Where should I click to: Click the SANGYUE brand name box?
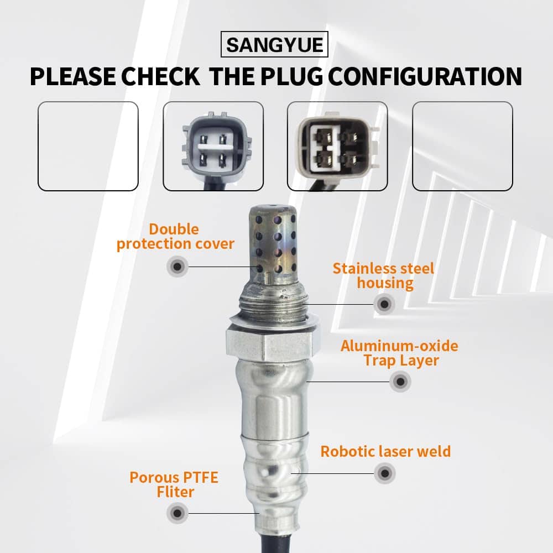[274, 44]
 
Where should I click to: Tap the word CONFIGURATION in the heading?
[425, 76]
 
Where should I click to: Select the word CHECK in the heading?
[160, 76]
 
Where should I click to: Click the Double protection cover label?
[175, 237]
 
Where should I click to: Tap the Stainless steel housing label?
[384, 276]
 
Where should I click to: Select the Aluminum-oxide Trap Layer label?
[400, 353]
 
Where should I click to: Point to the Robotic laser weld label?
[385, 451]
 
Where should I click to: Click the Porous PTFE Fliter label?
[174, 484]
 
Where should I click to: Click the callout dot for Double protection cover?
[178, 267]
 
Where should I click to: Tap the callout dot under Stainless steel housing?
[384, 304]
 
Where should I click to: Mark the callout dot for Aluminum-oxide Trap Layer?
[400, 381]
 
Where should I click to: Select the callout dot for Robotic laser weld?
[385, 473]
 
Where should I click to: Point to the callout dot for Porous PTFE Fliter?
[178, 513]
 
